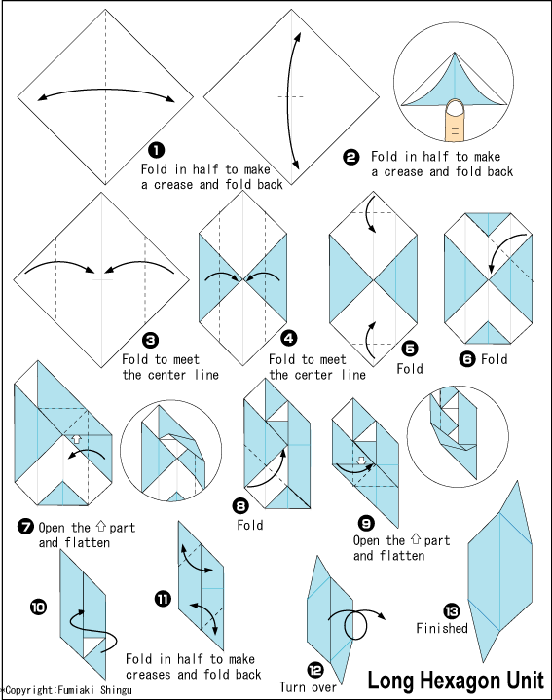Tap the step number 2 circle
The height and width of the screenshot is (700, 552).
coord(351,156)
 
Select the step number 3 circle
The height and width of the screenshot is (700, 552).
coord(150,340)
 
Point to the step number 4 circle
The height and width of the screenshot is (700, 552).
coord(289,338)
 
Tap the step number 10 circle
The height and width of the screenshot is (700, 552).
coord(38,607)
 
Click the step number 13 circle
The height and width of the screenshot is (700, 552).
coord(451,610)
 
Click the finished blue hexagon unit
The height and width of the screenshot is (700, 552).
coord(501,574)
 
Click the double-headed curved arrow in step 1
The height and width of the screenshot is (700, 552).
coord(106,93)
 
